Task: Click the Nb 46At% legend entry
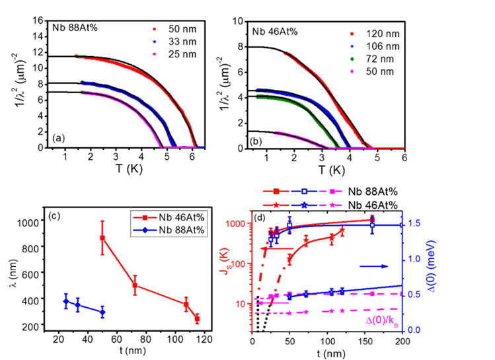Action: [x=170, y=217]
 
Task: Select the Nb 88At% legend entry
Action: [x=170, y=230]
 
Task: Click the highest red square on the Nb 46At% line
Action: [x=102, y=238]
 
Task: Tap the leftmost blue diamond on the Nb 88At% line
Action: [x=65, y=301]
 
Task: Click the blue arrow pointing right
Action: [x=373, y=266]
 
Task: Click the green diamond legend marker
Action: [x=352, y=59]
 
